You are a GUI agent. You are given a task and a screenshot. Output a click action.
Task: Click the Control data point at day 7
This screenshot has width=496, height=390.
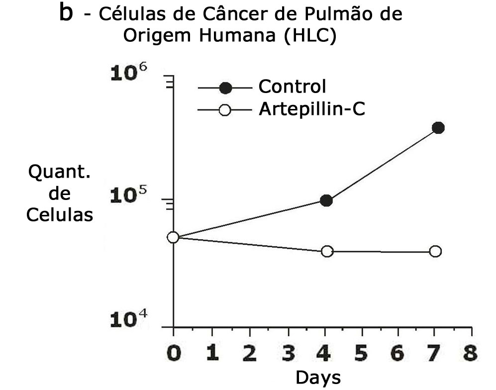tap(438, 128)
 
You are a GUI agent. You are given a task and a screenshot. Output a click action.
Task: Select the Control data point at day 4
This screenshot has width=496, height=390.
tap(326, 200)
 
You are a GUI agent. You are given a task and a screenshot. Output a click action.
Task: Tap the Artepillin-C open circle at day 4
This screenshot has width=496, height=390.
tap(327, 251)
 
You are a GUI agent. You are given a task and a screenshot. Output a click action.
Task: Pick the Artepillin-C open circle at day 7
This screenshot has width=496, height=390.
tap(435, 251)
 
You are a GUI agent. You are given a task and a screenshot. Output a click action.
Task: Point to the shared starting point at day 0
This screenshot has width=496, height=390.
tap(173, 237)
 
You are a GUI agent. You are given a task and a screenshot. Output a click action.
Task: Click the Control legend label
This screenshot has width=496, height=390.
tap(292, 87)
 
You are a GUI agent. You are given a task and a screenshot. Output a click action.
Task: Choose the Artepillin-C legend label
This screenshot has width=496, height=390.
tap(312, 109)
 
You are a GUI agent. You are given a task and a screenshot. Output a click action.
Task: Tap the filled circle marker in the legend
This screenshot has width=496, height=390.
tap(225, 88)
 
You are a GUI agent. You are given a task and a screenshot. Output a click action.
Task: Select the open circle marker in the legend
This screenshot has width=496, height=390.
tap(225, 110)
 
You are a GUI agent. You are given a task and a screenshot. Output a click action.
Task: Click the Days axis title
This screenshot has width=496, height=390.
tap(318, 378)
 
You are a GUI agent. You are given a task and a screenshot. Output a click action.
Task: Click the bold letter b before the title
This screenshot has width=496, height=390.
tap(66, 13)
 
